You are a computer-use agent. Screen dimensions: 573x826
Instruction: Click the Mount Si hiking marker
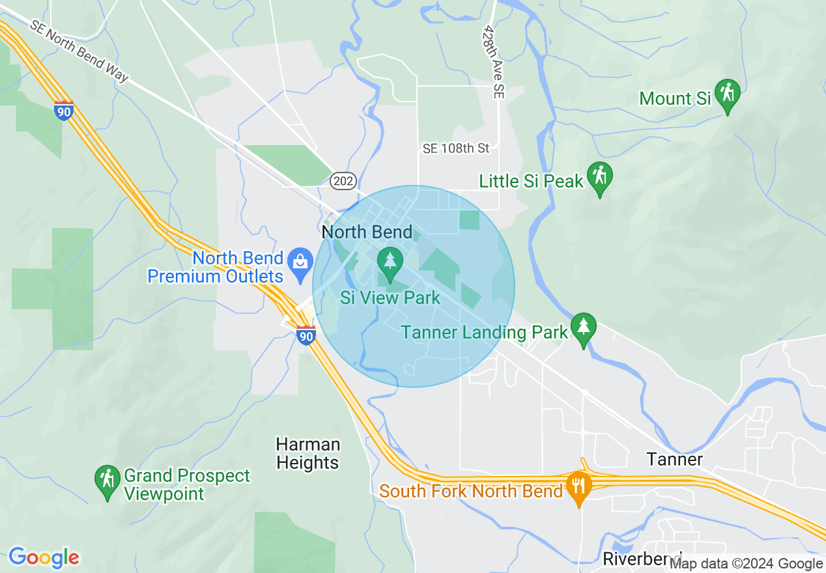click(x=727, y=94)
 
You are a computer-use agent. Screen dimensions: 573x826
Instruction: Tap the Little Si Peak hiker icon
click(x=599, y=176)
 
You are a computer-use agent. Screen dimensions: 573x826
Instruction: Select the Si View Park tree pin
click(x=390, y=262)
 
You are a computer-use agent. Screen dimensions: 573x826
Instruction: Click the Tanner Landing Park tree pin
click(x=583, y=328)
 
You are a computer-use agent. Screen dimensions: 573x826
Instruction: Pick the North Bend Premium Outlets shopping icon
click(x=300, y=262)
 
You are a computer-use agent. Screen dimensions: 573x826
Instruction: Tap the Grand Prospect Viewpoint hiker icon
click(x=107, y=480)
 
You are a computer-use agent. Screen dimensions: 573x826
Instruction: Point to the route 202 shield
click(x=343, y=181)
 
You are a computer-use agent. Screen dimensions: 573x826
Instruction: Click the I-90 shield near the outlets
click(x=306, y=335)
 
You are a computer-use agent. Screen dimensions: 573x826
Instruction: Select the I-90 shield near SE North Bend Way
click(x=64, y=111)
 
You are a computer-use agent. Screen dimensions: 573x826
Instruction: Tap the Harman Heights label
click(x=307, y=454)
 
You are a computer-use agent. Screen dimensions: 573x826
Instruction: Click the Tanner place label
click(x=675, y=459)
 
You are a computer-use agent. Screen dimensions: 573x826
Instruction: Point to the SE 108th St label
click(x=456, y=148)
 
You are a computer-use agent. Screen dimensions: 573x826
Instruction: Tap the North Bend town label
click(x=367, y=232)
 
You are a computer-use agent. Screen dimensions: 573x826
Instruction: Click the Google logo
click(x=44, y=558)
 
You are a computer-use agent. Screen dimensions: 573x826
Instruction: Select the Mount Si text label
click(x=674, y=98)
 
